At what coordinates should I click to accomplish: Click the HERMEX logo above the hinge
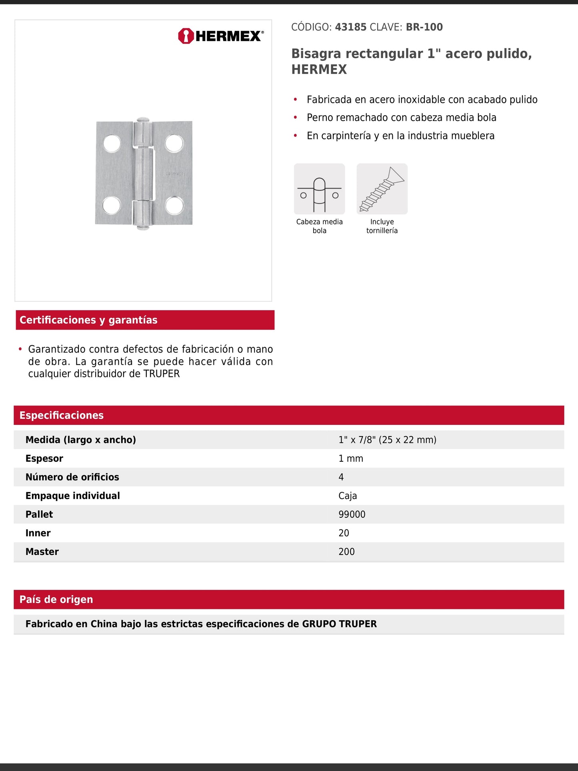(x=221, y=36)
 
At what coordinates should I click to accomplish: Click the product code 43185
(x=350, y=27)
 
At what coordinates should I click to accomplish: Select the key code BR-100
(x=424, y=27)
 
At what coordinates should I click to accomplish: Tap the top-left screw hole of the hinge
(x=112, y=144)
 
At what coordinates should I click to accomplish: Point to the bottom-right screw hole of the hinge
(x=174, y=205)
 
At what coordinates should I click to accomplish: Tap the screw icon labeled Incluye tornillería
(x=382, y=189)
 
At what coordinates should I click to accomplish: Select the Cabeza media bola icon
(x=319, y=189)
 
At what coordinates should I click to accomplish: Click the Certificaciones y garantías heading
(x=88, y=320)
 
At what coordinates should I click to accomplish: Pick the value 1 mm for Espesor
(x=351, y=459)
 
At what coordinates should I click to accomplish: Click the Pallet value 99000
(x=352, y=515)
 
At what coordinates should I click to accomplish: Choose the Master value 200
(x=346, y=552)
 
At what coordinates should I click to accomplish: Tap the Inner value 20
(x=344, y=533)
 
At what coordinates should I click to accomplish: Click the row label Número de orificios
(x=72, y=477)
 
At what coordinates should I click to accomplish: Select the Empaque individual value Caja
(x=348, y=496)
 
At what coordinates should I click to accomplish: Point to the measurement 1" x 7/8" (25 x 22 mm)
(x=387, y=440)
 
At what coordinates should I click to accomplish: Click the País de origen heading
(x=56, y=599)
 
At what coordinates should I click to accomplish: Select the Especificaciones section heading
(x=61, y=415)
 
